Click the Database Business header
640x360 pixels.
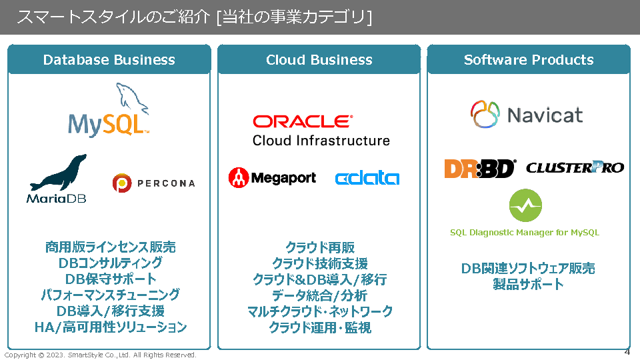(x=109, y=60)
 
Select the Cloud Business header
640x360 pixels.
(x=319, y=60)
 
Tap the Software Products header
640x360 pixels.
(x=529, y=60)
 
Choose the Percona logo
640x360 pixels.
(x=154, y=183)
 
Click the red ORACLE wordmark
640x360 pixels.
(x=302, y=121)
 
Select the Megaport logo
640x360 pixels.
(x=272, y=177)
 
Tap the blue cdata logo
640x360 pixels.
(x=367, y=178)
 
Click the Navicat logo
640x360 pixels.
(x=527, y=114)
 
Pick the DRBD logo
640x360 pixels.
(x=480, y=168)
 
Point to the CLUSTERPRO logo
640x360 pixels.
(x=575, y=167)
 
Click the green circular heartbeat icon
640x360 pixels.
(x=525, y=205)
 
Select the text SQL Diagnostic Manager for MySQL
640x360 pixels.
(x=525, y=233)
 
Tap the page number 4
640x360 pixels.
(x=627, y=351)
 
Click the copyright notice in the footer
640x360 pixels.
(x=101, y=355)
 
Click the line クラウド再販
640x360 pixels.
(x=320, y=247)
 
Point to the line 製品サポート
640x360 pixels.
(x=528, y=285)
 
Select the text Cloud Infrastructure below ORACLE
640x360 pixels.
(x=321, y=141)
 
